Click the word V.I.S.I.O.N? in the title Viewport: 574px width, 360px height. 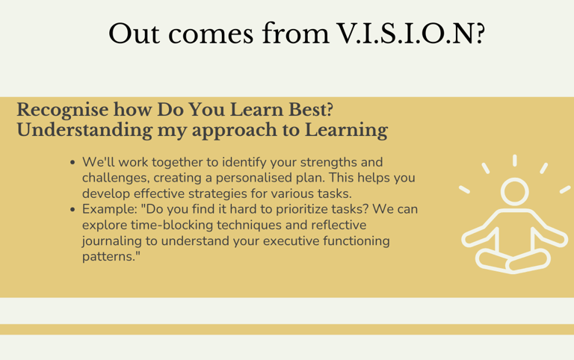(411, 34)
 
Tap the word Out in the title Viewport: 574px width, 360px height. (134, 34)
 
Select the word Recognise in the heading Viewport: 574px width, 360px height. (63, 110)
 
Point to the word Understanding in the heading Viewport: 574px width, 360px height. (84, 131)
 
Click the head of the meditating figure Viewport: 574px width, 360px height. (515, 192)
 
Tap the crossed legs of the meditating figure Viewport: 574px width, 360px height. (513, 260)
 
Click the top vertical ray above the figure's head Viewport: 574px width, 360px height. (515, 161)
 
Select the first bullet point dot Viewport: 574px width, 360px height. (72, 162)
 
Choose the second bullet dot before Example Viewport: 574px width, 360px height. (72, 210)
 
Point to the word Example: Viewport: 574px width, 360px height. (109, 210)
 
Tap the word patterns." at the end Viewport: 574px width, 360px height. (111, 257)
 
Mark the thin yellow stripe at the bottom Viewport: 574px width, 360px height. (287, 329)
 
